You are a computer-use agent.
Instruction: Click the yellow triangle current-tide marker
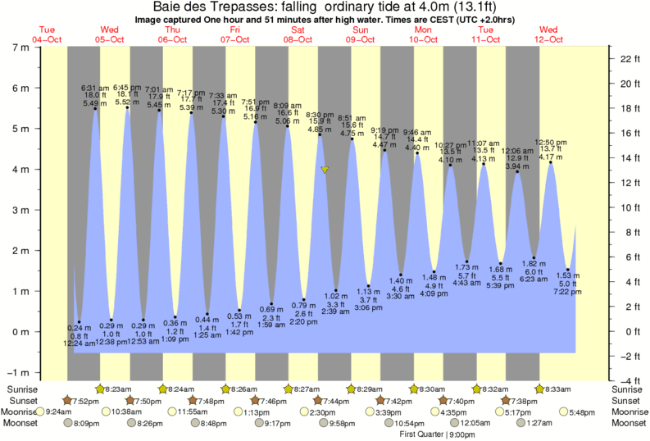(325, 170)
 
